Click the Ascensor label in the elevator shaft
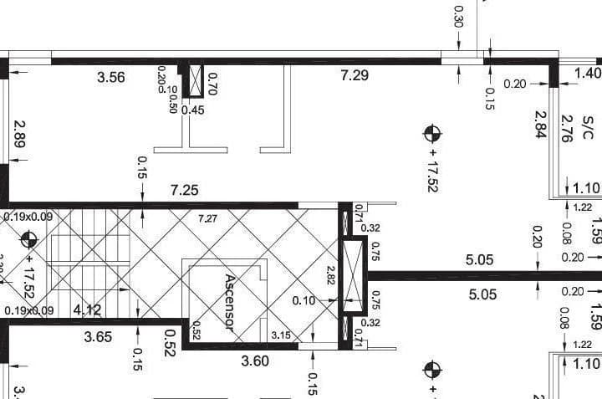point(232,302)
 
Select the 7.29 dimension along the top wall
point(355,76)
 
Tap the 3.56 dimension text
point(111,78)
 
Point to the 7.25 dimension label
point(184,190)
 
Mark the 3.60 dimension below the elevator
point(255,361)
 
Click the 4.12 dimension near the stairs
point(87,310)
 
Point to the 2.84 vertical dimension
point(541,125)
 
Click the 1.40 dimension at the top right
point(588,74)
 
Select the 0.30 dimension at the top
point(458,17)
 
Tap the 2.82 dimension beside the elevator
point(331,277)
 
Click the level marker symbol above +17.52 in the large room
point(432,132)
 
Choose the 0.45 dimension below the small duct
point(193,110)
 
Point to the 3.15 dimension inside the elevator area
point(281,335)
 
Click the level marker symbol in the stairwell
point(29,241)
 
